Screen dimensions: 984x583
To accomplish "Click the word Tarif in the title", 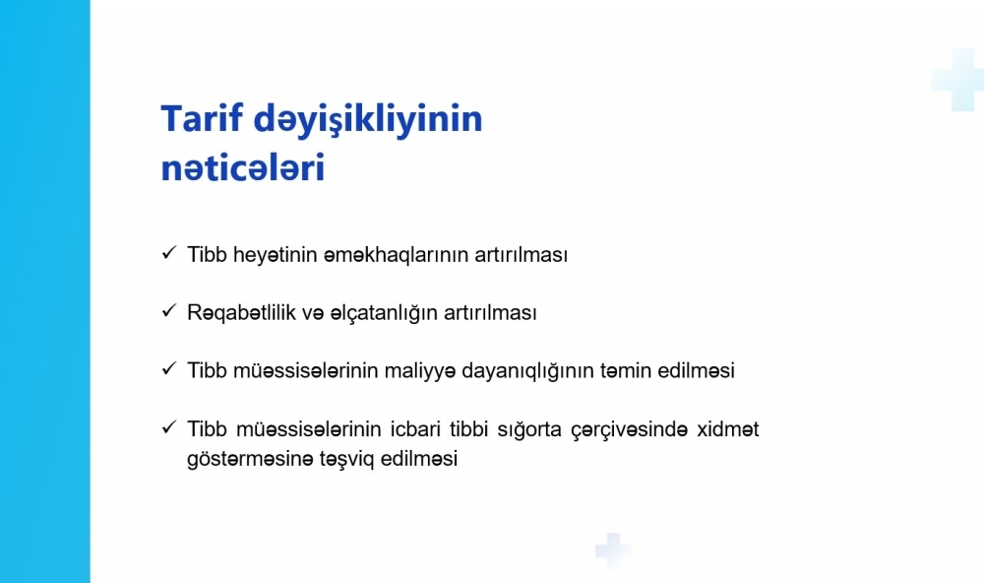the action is pos(201,118).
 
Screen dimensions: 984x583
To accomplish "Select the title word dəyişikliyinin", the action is pos(368,120).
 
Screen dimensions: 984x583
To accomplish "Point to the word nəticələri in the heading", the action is pos(243,167).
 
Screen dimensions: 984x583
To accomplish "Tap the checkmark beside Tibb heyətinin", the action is pos(169,252).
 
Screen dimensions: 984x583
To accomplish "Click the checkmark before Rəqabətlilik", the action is pos(169,310).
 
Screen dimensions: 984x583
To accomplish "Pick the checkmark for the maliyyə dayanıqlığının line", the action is pos(169,368).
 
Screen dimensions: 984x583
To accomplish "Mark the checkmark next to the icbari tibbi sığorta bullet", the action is pos(169,427).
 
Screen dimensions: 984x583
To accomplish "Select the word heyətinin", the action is pos(275,256).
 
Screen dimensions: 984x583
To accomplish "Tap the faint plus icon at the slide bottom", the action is pos(613,551).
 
